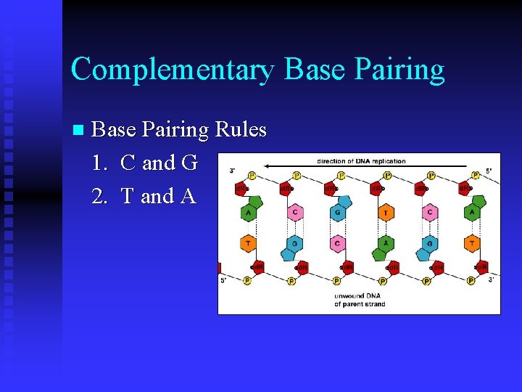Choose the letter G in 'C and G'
(189, 163)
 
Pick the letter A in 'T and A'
(188, 196)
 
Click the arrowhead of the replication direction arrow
(267, 167)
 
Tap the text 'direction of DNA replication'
(360, 160)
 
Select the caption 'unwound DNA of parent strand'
(360, 300)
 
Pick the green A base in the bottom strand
(385, 244)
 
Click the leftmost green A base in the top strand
(249, 212)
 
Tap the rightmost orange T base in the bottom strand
(473, 244)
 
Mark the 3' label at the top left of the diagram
(231, 171)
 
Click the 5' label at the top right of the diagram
(489, 171)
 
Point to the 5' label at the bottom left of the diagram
(223, 280)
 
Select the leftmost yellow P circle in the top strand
(252, 176)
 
